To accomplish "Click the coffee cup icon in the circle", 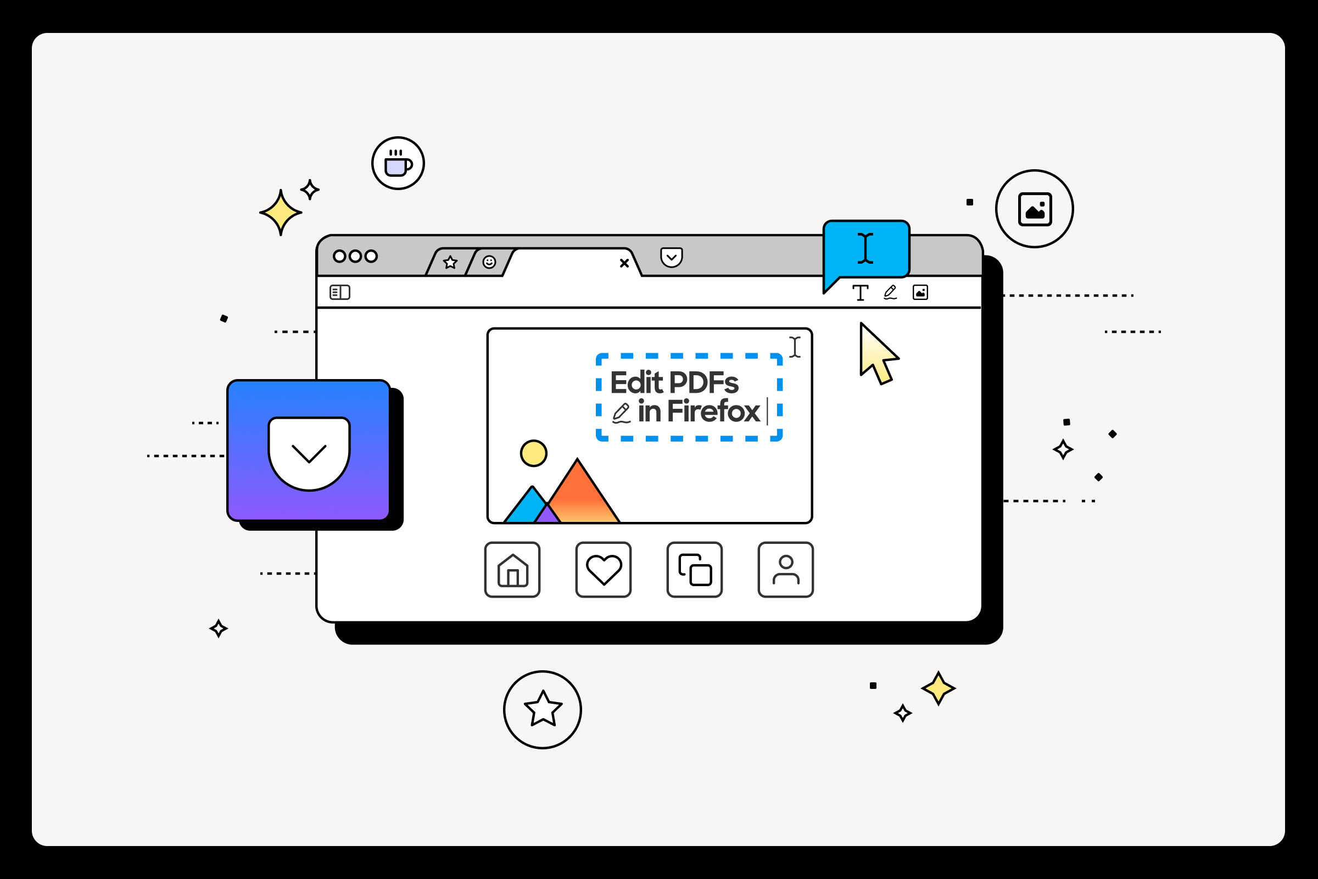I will point(398,164).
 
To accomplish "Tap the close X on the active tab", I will point(624,263).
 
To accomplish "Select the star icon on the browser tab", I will point(450,263).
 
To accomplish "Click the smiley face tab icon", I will point(489,262).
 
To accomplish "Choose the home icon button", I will point(512,570).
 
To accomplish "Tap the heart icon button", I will point(604,570).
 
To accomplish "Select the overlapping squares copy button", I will point(694,570).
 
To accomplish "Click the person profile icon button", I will point(786,570).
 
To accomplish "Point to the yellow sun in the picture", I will point(533,453).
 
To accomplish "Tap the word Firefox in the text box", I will point(713,411).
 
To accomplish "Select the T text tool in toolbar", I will point(860,293).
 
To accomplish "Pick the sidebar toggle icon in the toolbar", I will point(339,292).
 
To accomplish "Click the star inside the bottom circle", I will point(543,709).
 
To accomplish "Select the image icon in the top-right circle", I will point(1035,209).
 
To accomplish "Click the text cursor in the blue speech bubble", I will point(865,248).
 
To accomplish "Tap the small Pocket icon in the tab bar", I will point(671,257).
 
